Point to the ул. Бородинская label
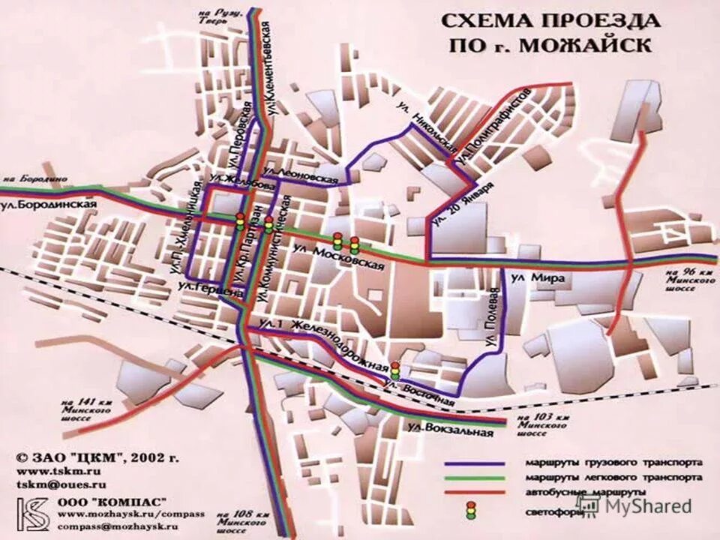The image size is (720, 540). pyautogui.click(x=50, y=204)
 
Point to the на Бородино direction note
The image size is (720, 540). pyautogui.click(x=34, y=180)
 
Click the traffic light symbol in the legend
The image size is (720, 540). pyautogui.click(x=471, y=511)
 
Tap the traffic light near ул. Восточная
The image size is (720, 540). pyautogui.click(x=394, y=370)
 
